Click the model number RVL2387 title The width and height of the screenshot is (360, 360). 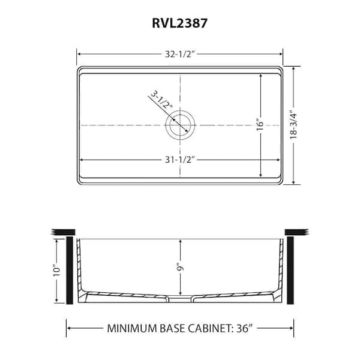coord(180,23)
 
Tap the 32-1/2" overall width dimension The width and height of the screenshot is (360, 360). coord(180,54)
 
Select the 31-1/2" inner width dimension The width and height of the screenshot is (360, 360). coord(180,160)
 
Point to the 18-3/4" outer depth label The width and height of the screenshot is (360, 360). coord(293,126)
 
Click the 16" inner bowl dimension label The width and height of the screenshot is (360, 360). coord(260,125)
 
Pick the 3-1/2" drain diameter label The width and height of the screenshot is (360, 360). coord(161,101)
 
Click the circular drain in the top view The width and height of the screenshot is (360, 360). coord(180,125)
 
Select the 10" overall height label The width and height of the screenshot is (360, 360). coord(57,271)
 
